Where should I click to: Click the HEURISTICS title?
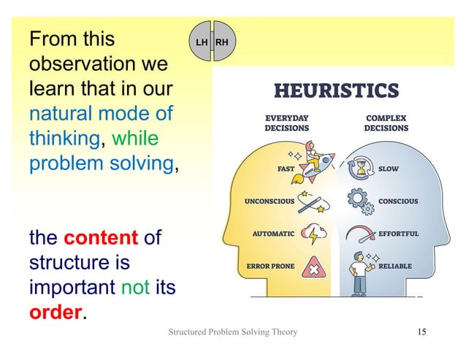[336, 91]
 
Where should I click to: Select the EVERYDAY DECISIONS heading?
[286, 122]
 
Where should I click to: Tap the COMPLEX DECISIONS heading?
[386, 122]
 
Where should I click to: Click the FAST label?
[286, 168]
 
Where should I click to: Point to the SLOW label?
[389, 168]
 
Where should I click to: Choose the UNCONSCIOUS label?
[270, 201]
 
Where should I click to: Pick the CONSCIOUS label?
[398, 201]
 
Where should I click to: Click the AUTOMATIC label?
[273, 234]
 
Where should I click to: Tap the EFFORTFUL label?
[398, 234]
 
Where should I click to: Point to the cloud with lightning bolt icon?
[316, 234]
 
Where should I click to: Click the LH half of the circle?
[202, 42]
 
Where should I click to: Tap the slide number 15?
[421, 333]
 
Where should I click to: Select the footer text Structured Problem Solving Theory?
[233, 333]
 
